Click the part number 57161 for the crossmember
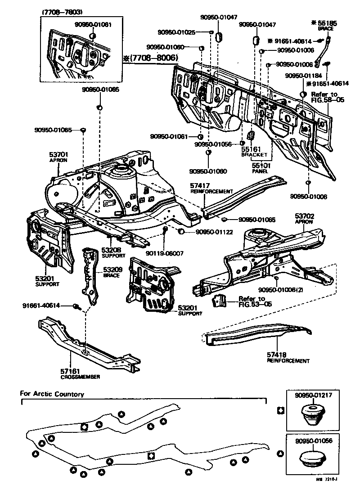70,371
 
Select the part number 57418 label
277,355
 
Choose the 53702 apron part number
304,216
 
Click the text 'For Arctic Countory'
52,394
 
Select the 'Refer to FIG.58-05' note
327,97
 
